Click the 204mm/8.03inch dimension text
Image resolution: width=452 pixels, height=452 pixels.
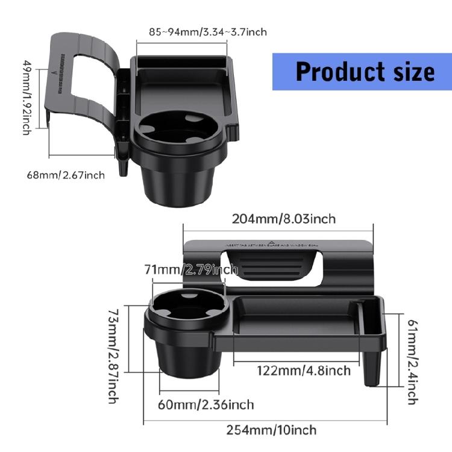[x=284, y=219]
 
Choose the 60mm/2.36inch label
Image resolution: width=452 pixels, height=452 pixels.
[x=206, y=404]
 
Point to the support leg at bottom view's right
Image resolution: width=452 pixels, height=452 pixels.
[x=373, y=364]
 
